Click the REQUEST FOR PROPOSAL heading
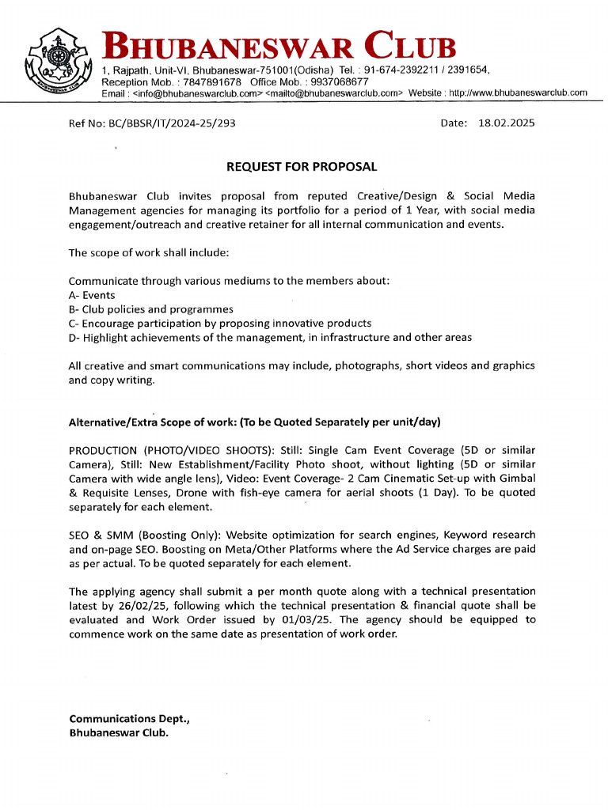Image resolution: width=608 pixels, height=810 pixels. point(302,167)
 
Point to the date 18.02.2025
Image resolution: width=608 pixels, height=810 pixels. point(507,123)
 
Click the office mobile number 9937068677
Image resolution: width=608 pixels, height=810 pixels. point(340,81)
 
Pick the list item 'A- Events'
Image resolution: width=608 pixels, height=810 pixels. point(92,295)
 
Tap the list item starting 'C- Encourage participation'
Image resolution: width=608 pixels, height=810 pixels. point(219,324)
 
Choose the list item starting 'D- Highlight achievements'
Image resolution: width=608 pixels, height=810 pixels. point(269,338)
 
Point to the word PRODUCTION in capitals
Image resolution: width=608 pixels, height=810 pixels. point(103,450)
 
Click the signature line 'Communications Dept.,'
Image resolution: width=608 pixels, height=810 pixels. point(129,719)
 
